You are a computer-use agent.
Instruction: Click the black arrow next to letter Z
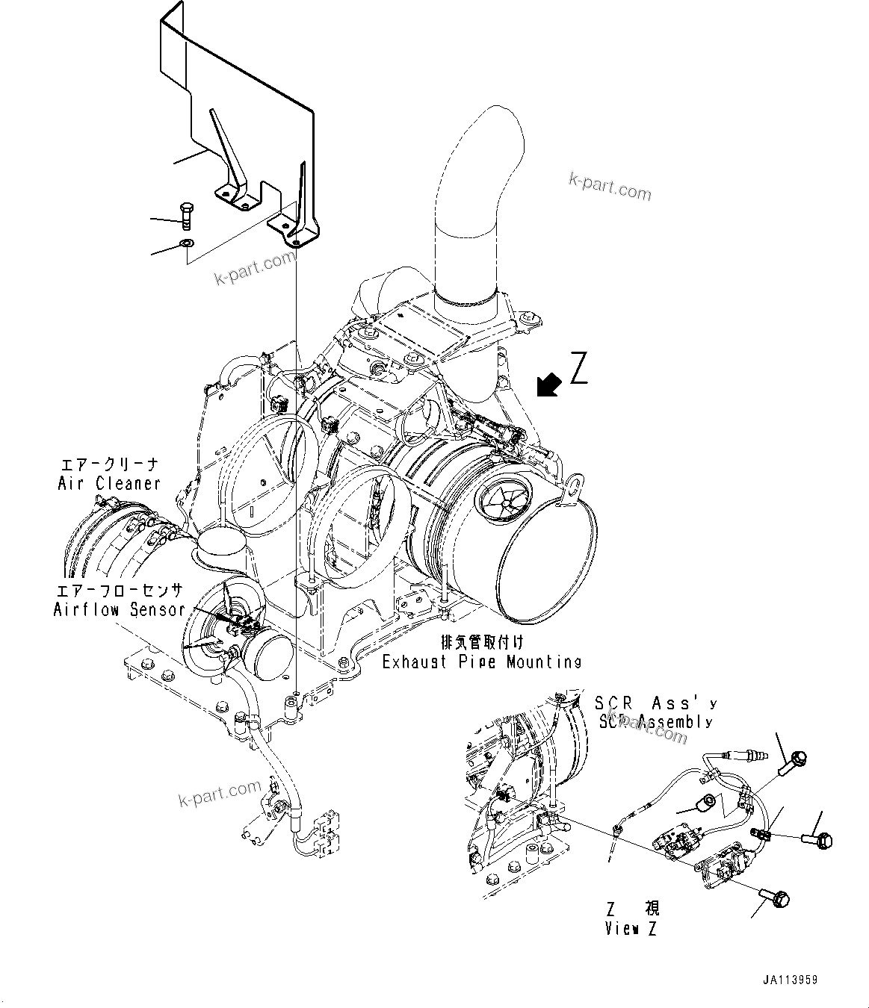549,385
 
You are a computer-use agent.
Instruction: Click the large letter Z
579,367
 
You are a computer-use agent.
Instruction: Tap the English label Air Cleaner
109,483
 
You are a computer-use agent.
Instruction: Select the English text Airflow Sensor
119,609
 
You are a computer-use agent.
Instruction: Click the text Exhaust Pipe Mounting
481,661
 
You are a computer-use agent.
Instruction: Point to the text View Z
631,929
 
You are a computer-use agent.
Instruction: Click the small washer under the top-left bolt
186,243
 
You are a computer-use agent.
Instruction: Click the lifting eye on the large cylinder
574,486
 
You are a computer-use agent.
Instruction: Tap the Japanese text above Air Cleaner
109,465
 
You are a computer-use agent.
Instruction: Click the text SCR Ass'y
655,703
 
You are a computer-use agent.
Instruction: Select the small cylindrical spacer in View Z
705,805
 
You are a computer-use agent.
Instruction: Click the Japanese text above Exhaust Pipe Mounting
481,641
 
